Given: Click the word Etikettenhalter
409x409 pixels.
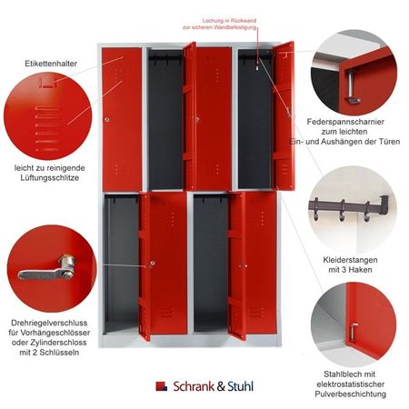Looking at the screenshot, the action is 51,64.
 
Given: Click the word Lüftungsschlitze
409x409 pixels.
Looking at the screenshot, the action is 50,178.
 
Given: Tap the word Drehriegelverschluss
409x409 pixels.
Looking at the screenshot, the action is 49,323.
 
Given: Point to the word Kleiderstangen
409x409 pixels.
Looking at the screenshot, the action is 350,260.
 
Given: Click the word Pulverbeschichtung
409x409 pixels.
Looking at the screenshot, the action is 351,394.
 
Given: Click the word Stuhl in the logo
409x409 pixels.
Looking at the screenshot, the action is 240,386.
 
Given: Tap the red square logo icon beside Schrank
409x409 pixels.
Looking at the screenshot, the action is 161,386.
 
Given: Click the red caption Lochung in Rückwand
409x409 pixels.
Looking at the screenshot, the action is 229,21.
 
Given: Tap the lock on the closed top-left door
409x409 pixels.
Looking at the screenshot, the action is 106,120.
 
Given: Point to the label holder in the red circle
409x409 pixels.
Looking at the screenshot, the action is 48,83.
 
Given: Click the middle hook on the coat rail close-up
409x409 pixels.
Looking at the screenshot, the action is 343,211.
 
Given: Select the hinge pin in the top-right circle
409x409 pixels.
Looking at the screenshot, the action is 352,87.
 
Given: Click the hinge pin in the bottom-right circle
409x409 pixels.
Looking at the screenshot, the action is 354,332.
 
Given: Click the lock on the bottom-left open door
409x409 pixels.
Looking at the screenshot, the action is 153,264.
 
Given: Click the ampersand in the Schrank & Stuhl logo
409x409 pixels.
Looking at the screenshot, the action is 221,386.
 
